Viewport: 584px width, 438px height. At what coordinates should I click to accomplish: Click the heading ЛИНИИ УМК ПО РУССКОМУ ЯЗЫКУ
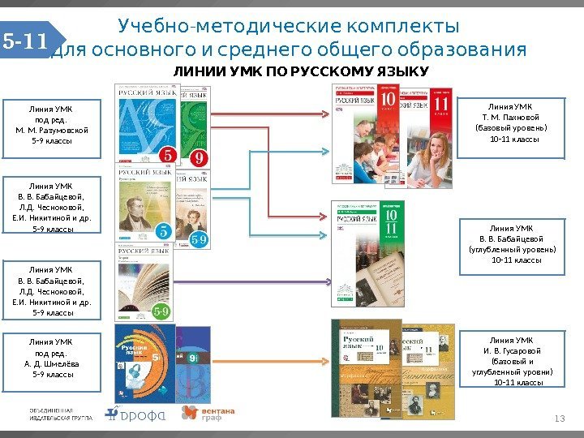pyautogui.click(x=300, y=73)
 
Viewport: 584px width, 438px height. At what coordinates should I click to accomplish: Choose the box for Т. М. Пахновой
pyautogui.click(x=511, y=122)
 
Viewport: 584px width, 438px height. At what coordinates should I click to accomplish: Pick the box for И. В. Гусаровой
pyautogui.click(x=511, y=360)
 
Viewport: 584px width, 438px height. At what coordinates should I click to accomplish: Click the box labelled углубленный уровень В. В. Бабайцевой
pyautogui.click(x=511, y=244)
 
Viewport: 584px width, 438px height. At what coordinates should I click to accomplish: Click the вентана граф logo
pyautogui.click(x=208, y=414)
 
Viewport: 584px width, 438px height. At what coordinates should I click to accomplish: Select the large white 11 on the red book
pyautogui.click(x=441, y=105)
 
